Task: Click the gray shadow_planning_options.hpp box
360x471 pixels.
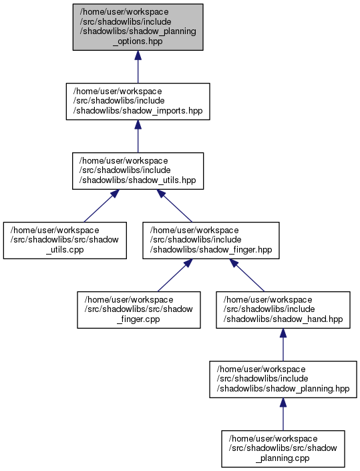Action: [138, 27]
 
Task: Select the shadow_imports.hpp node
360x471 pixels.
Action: [138, 102]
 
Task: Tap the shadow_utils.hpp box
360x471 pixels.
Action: [138, 171]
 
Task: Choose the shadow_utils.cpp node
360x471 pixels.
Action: [65, 241]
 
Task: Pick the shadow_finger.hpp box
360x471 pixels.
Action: [211, 241]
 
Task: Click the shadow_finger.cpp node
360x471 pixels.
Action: [139, 310]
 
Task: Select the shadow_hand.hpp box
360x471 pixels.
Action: [283, 310]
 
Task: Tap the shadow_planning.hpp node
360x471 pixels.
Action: [283, 379]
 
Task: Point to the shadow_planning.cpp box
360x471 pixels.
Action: [283, 449]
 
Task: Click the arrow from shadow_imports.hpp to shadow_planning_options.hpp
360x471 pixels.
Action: [138, 67]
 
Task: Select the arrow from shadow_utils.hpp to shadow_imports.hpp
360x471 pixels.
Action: [138, 136]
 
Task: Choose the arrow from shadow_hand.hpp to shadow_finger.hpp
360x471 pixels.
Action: [247, 275]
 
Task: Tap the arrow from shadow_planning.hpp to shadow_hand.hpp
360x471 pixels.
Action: [283, 345]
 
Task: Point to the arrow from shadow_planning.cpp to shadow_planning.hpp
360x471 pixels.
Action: [283, 414]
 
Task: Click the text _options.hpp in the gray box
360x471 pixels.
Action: [138, 41]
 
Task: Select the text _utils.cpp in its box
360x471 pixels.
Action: [65, 250]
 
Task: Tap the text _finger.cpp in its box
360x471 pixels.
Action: [139, 319]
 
